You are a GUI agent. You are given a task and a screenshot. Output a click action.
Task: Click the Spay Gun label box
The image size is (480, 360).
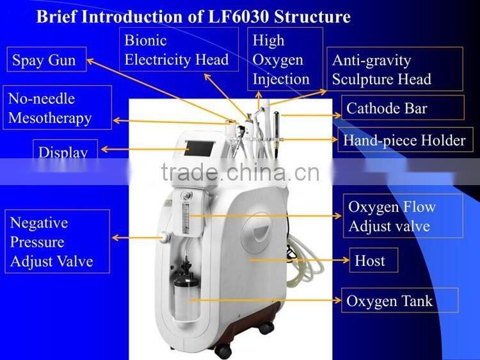pyautogui.click(x=45, y=61)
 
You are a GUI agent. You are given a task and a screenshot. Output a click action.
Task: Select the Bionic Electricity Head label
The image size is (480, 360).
pyautogui.click(x=177, y=50)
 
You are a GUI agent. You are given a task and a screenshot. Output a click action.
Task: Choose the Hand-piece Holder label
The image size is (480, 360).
pyautogui.click(x=404, y=140)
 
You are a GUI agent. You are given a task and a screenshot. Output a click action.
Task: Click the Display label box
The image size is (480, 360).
pyautogui.click(x=63, y=151)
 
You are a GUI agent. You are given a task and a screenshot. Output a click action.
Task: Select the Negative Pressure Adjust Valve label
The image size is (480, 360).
pyautogui.click(x=55, y=241)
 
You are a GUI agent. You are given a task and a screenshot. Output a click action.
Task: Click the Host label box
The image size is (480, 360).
pyautogui.click(x=371, y=261)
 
